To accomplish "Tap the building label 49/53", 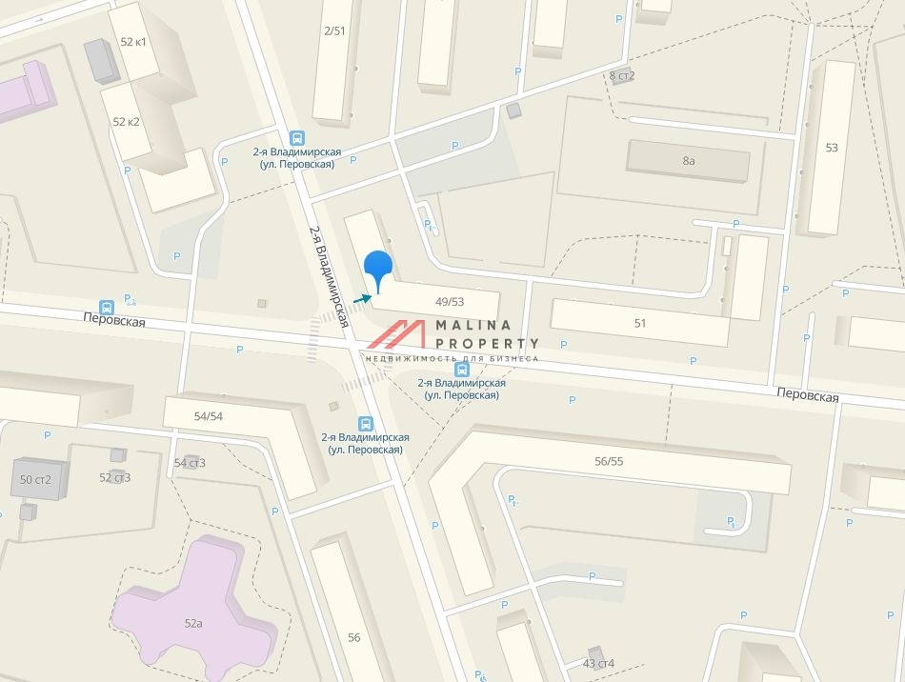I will pyautogui.click(x=449, y=301).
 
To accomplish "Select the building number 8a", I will pyautogui.click(x=689, y=161).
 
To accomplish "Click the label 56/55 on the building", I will pyautogui.click(x=608, y=461).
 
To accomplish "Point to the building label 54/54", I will pyautogui.click(x=208, y=416).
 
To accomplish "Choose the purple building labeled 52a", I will pyautogui.click(x=193, y=623).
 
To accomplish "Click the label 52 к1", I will pyautogui.click(x=133, y=42).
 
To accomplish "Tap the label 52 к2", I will pyautogui.click(x=126, y=122).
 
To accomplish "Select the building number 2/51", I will pyautogui.click(x=334, y=30).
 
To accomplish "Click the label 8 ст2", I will pyautogui.click(x=622, y=75).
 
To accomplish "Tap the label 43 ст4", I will pyautogui.click(x=598, y=663).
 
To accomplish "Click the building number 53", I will pyautogui.click(x=832, y=148).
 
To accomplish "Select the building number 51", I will pyautogui.click(x=640, y=323).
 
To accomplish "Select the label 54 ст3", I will pyautogui.click(x=190, y=463).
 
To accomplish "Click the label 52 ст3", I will pyautogui.click(x=115, y=477).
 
